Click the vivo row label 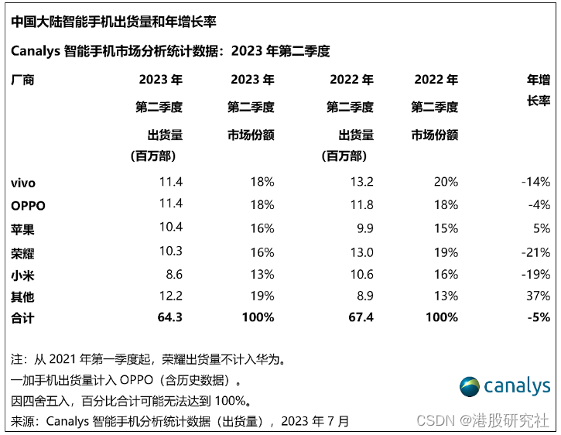[x=23, y=183]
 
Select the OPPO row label [x=29, y=206]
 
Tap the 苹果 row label [x=22, y=229]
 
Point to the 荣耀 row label [x=22, y=253]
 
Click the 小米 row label [x=22, y=276]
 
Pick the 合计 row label [x=22, y=317]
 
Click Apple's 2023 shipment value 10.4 [x=171, y=227]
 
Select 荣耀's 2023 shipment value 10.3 [x=171, y=251]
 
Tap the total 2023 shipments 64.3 [x=170, y=317]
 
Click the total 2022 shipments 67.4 [x=361, y=317]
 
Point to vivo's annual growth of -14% [x=535, y=182]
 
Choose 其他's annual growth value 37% [x=538, y=296]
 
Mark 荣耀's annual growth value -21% [x=535, y=252]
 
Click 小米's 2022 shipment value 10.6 [x=361, y=274]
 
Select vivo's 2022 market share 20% [x=446, y=182]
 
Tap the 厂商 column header [x=22, y=80]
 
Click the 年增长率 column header [x=539, y=90]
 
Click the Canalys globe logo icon [x=470, y=387]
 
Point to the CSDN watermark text [x=483, y=420]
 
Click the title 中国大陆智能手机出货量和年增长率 [x=114, y=22]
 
